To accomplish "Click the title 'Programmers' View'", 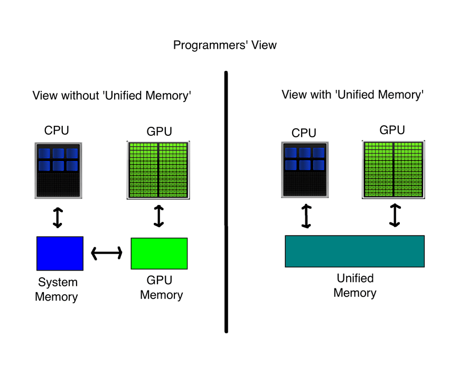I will click(x=224, y=45).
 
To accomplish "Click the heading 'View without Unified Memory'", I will click(x=111, y=96).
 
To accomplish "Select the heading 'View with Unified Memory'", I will click(x=353, y=95).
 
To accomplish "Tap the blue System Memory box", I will click(x=60, y=254).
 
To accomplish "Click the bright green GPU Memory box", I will click(x=159, y=254).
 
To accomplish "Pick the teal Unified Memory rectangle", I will click(x=354, y=251).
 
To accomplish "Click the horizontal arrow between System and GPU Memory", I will click(x=107, y=254).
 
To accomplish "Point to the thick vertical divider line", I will click(x=226, y=201).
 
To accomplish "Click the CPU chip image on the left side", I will click(x=58, y=170).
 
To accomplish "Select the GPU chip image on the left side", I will click(x=158, y=170).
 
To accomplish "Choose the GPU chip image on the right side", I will click(x=393, y=169).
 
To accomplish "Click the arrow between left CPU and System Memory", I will click(x=58, y=218).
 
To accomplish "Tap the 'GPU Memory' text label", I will click(x=161, y=287).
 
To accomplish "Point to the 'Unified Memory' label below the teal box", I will click(x=355, y=285).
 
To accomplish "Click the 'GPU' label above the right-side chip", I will click(x=393, y=129).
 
